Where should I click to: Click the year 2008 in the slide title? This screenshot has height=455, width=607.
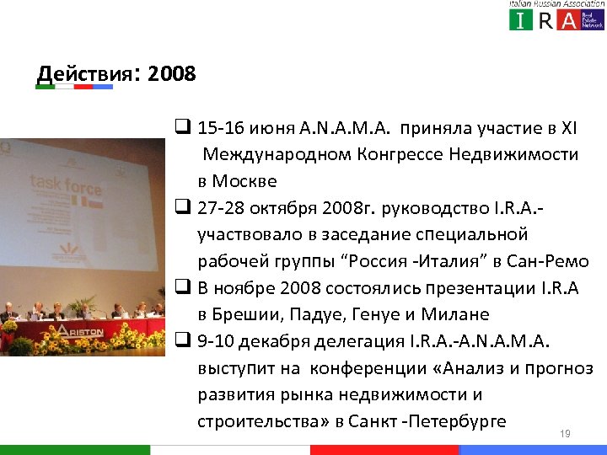tap(171, 74)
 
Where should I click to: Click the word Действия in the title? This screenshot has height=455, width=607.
tap(83, 74)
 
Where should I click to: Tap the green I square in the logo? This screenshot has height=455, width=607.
tap(521, 19)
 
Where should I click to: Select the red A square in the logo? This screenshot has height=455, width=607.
tap(569, 19)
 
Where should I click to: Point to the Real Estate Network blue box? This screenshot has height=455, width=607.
tap(594, 19)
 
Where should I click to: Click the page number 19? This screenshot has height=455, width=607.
tap(566, 434)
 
